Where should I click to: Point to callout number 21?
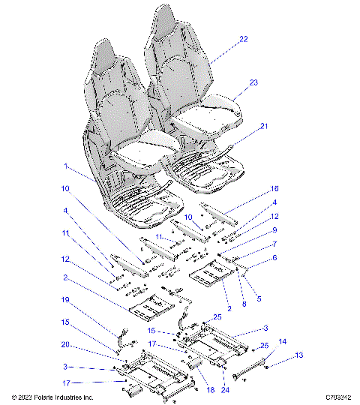(263, 127)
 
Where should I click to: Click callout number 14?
(282, 341)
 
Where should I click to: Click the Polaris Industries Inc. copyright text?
(52, 397)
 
